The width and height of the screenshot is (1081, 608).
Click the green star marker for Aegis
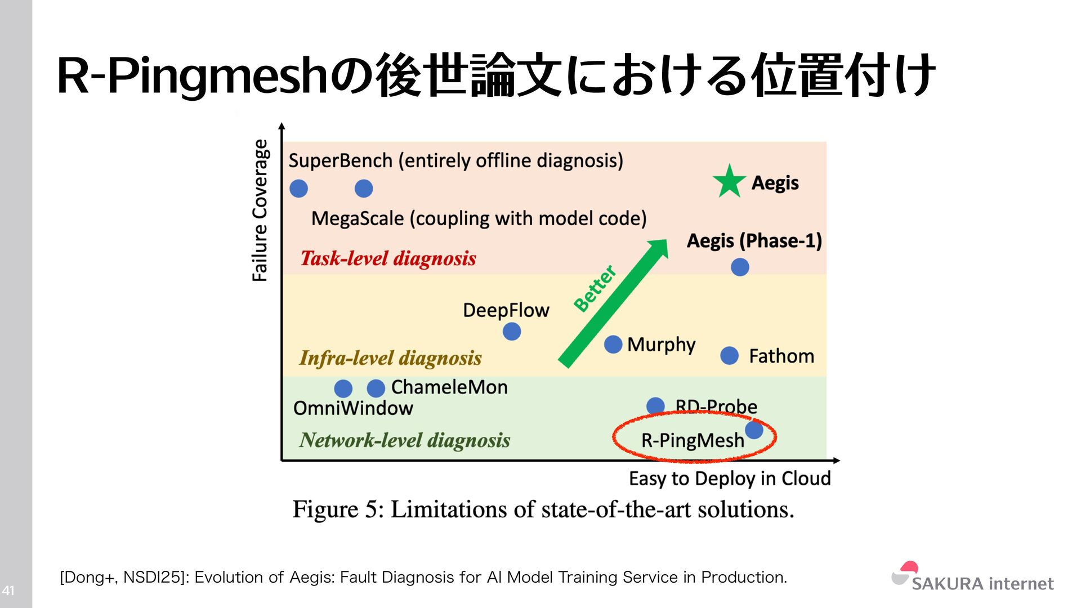[729, 181]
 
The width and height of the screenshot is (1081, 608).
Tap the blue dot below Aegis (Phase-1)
[740, 267]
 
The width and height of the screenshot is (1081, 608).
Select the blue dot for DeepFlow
[511, 332]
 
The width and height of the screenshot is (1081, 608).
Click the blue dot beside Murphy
[613, 344]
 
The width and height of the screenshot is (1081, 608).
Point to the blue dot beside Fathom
[729, 356]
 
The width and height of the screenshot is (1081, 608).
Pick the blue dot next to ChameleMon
[376, 388]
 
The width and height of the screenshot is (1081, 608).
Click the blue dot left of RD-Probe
[655, 406]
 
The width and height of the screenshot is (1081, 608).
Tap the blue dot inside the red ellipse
[754, 430]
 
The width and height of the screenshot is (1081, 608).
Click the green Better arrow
[614, 304]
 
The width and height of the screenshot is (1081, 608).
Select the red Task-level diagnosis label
[388, 258]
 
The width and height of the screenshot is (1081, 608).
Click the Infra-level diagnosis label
[390, 358]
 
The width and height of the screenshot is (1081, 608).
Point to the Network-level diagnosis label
[404, 440]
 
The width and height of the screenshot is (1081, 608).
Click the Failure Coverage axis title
[260, 210]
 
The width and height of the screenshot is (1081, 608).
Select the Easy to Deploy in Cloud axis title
[730, 479]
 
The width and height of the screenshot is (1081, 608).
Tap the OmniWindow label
[353, 408]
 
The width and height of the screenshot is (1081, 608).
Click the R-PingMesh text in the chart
[693, 440]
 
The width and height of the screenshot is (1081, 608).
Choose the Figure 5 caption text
[543, 509]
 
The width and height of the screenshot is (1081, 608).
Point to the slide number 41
[8, 591]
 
